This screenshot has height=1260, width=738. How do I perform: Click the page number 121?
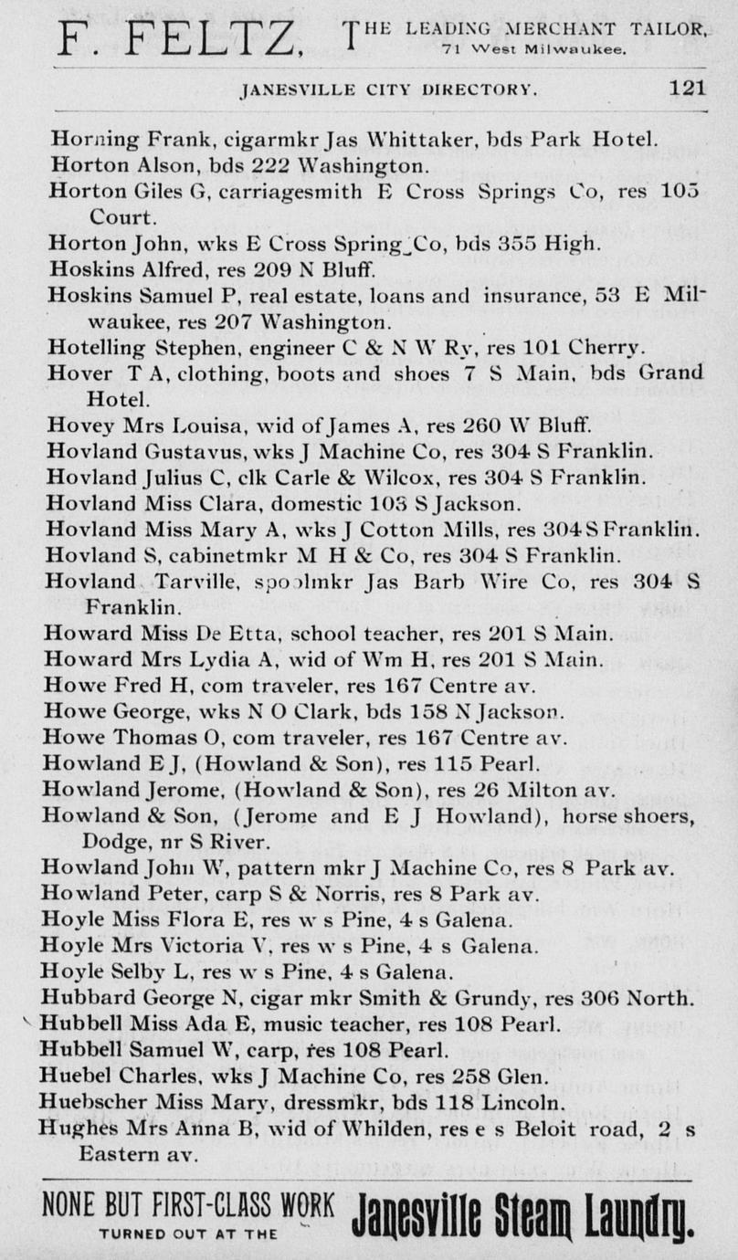(687, 89)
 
